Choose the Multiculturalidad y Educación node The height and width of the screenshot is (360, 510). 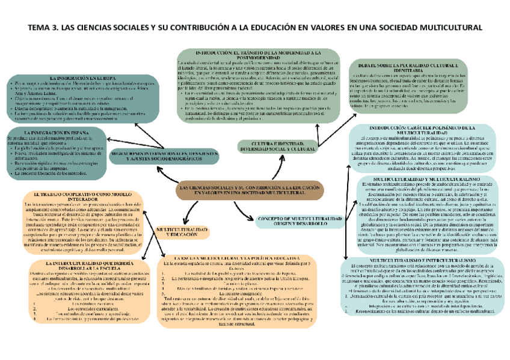182,233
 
